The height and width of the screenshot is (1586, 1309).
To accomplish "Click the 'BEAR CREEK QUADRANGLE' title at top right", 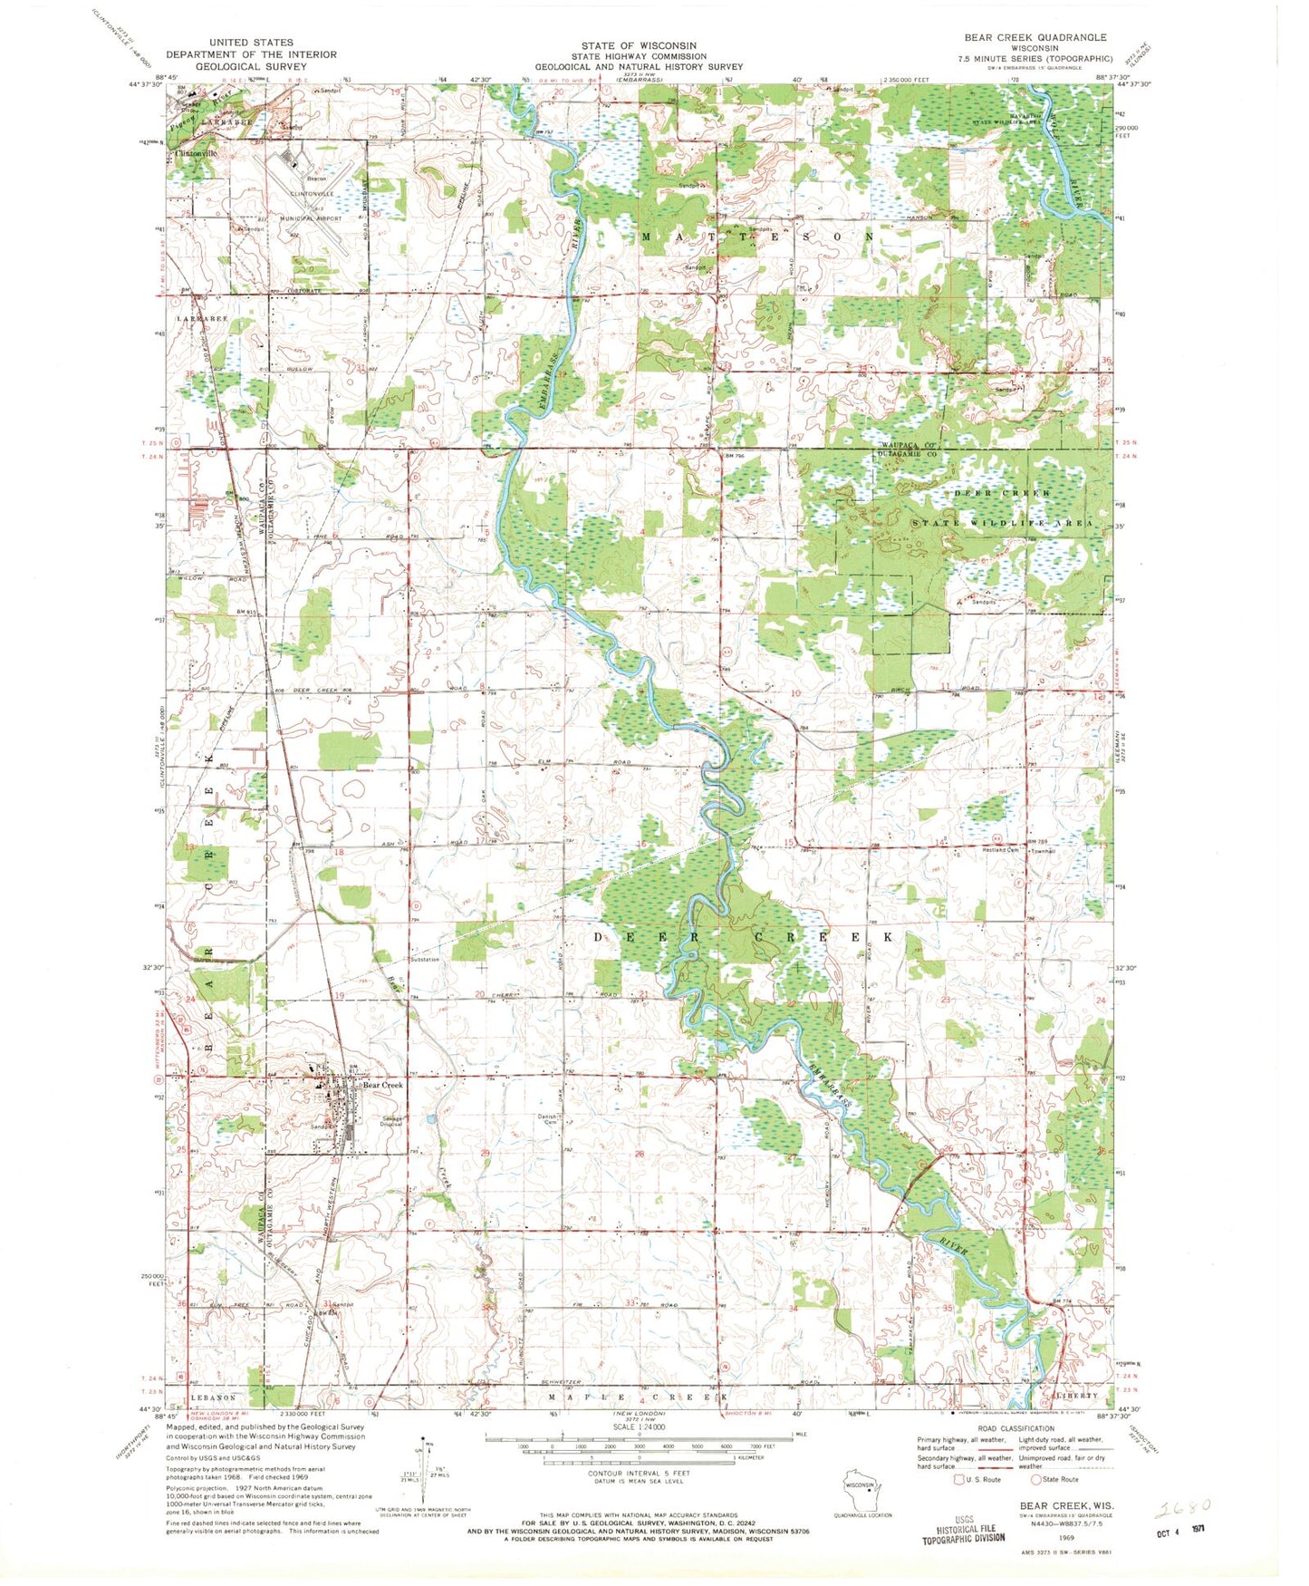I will tap(1035, 37).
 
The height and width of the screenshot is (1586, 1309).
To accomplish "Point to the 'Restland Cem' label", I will tap(1002, 850).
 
